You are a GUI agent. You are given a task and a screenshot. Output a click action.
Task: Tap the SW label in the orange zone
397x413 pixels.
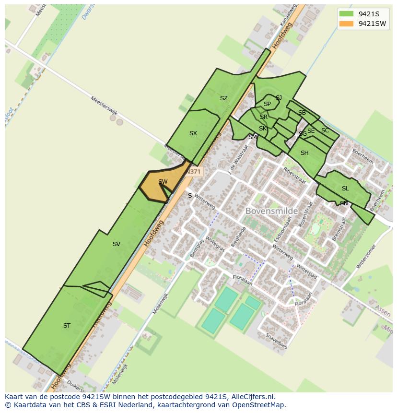pyautogui.click(x=163, y=182)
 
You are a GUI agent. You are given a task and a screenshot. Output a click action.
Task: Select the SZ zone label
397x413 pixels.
pyautogui.click(x=223, y=98)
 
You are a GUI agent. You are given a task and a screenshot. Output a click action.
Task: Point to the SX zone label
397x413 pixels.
pyautogui.click(x=193, y=133)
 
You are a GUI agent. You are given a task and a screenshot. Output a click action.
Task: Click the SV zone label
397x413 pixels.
pyautogui.click(x=116, y=244)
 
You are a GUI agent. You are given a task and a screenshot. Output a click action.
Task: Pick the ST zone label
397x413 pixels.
pyautogui.click(x=67, y=326)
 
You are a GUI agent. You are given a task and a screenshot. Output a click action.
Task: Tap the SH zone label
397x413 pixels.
pyautogui.click(x=304, y=153)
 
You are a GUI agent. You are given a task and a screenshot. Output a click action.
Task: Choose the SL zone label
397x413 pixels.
pyautogui.click(x=345, y=189)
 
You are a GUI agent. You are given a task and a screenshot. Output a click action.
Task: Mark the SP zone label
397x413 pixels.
pyautogui.click(x=267, y=104)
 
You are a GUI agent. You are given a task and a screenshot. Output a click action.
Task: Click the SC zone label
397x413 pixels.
pyautogui.click(x=325, y=130)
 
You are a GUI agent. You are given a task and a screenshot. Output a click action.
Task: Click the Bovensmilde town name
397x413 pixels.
pyautogui.click(x=271, y=211)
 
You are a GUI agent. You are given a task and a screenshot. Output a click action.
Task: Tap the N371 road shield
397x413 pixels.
pyautogui.click(x=194, y=172)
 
